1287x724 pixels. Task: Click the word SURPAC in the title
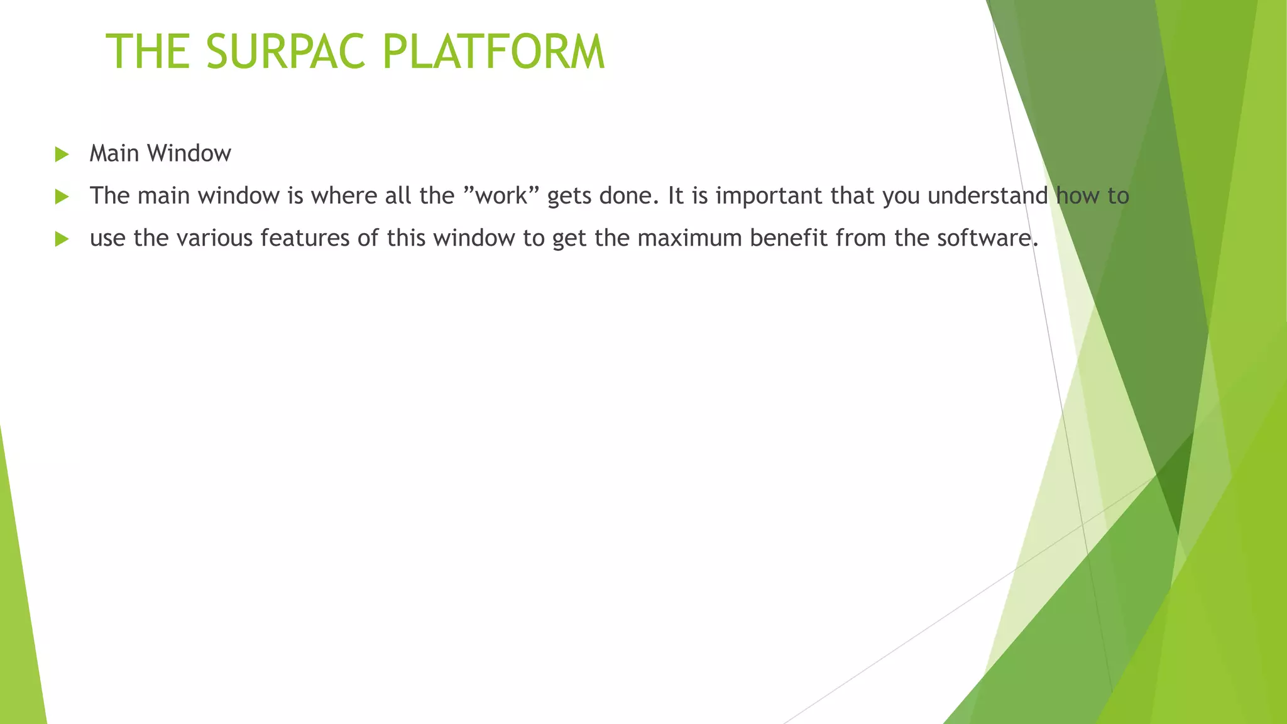click(285, 52)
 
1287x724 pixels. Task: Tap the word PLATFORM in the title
click(493, 52)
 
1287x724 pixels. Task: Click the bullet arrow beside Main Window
click(62, 154)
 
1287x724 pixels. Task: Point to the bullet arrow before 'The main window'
click(62, 196)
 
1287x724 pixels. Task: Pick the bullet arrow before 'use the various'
click(62, 238)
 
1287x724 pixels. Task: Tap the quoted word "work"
click(501, 196)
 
